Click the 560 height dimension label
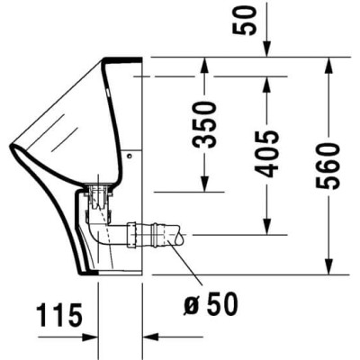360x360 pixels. [x=334, y=164]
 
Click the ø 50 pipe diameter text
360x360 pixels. [x=212, y=305]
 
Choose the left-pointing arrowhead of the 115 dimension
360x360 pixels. [x=148, y=337]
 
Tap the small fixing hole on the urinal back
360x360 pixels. [x=130, y=156]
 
